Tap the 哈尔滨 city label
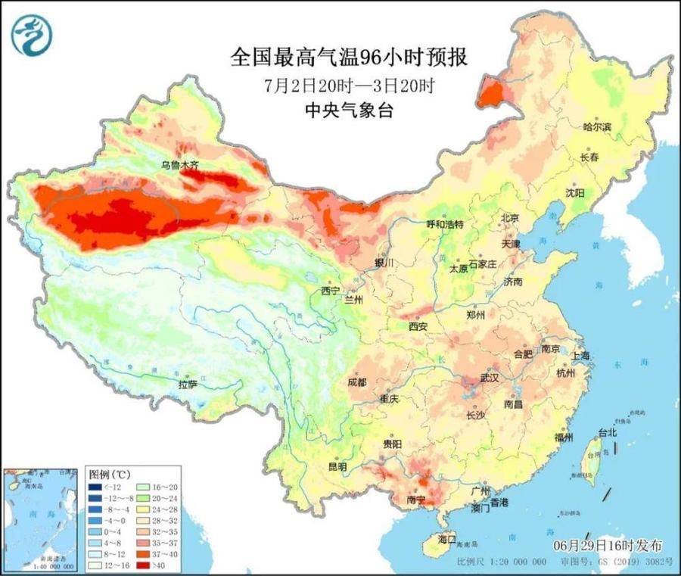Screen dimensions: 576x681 pos(597,128)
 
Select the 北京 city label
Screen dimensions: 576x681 pos(509,218)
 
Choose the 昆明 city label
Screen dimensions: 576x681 pos(337,467)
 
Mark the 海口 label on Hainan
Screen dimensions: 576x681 pos(448,540)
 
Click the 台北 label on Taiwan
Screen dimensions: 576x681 pos(608,432)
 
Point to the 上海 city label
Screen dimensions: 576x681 pos(581,356)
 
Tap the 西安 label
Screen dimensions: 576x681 pos(418,326)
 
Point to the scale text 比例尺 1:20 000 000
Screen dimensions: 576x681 pos(502,562)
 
